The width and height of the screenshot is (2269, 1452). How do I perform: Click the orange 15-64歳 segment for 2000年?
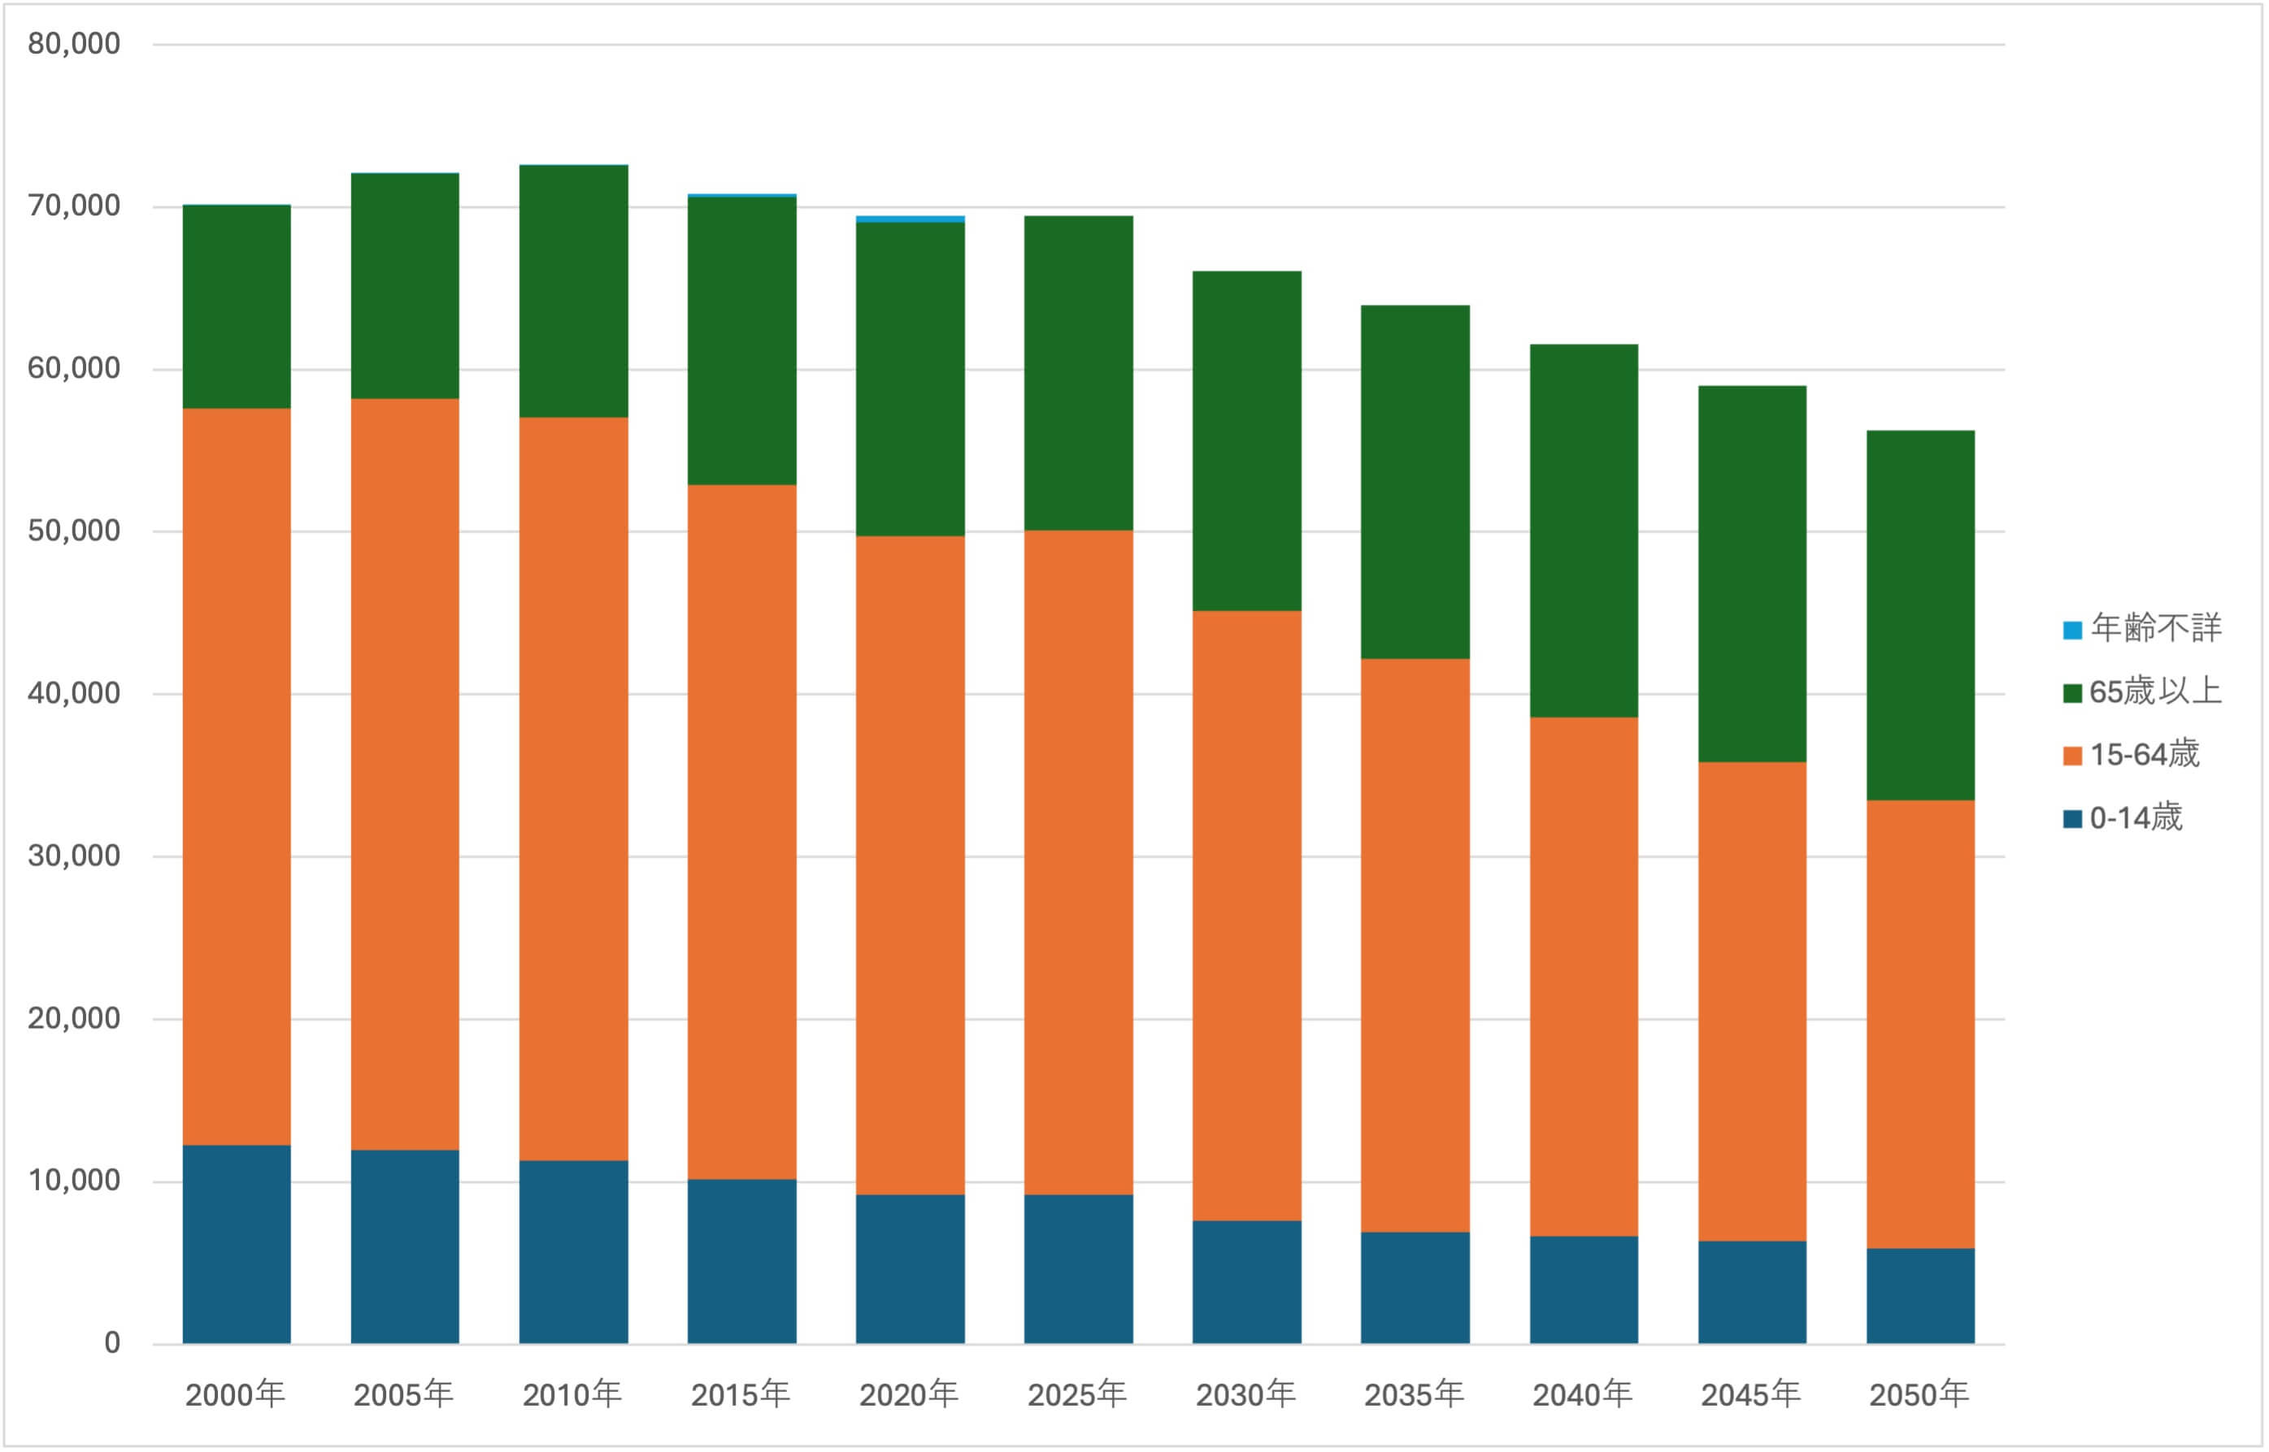[237, 777]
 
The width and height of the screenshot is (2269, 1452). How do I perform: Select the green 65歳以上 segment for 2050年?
[1921, 616]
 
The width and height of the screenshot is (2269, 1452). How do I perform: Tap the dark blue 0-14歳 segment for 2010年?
[573, 1252]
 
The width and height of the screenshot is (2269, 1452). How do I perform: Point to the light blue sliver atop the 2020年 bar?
[910, 219]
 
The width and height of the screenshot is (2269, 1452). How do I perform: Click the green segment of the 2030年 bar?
[1247, 441]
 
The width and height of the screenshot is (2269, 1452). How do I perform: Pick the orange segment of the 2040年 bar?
[1584, 977]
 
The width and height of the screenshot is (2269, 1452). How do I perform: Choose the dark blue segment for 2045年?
[1752, 1293]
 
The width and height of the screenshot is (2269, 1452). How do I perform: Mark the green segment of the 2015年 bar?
[742, 341]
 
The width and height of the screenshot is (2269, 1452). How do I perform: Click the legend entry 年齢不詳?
[2143, 628]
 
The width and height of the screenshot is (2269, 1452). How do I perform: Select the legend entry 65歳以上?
[2143, 692]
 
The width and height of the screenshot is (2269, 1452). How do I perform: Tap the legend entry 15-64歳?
[2132, 755]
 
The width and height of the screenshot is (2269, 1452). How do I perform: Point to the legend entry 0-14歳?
[2123, 817]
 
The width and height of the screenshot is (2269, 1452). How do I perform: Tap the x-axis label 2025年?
[1078, 1394]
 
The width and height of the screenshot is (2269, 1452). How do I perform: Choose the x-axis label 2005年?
[403, 1394]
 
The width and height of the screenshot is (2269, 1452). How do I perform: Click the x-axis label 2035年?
[1415, 1394]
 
